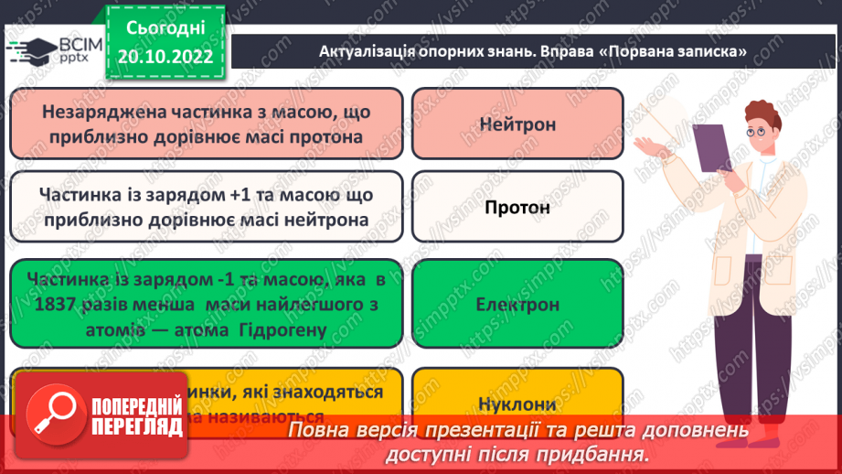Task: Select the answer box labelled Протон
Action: [517, 207]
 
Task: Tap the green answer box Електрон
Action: [517, 304]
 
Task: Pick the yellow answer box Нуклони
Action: [517, 403]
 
